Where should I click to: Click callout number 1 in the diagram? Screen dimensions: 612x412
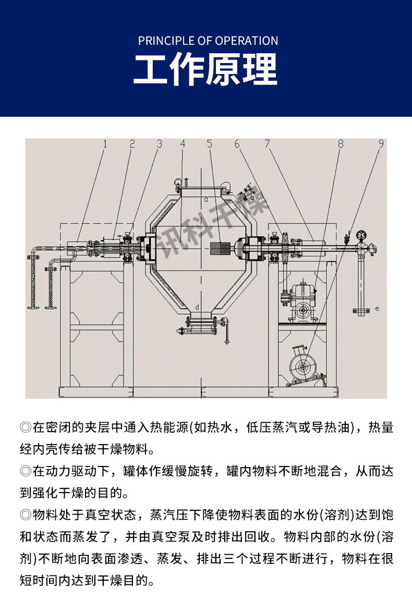pos(104,143)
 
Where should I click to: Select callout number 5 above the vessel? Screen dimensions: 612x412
pos(210,143)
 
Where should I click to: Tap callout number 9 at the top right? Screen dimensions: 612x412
pos(381,143)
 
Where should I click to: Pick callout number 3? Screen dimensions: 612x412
pos(159,143)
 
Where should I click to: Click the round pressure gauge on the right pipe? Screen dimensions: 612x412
pos(359,235)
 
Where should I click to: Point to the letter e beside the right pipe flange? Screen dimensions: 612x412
pos(377,309)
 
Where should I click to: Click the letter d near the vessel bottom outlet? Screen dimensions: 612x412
pos(196,306)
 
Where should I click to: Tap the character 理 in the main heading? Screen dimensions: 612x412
pos(260,70)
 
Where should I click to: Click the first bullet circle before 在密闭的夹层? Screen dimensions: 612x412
pos(25,428)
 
